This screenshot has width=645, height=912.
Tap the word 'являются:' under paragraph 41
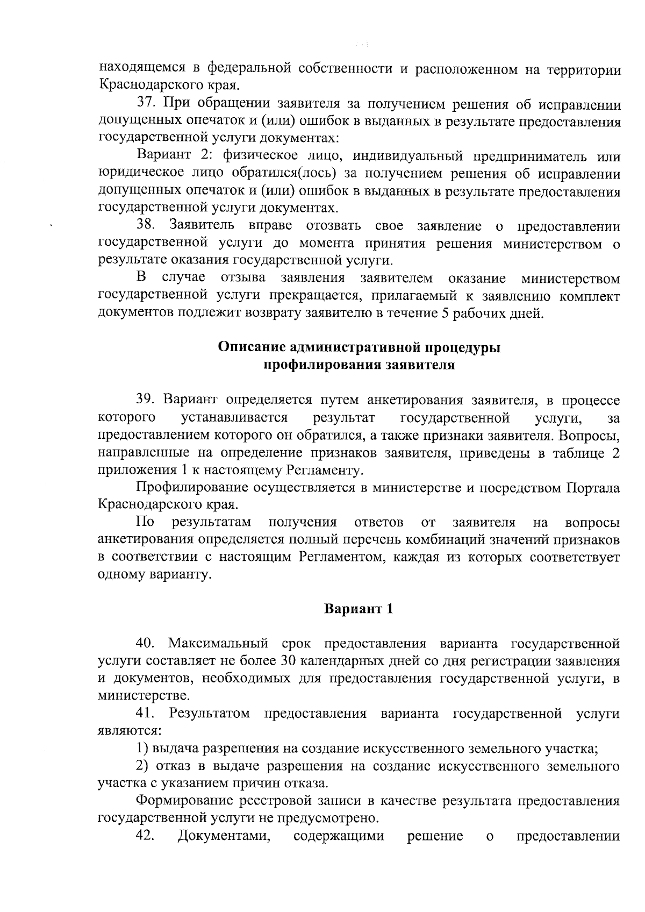coord(128,731)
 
